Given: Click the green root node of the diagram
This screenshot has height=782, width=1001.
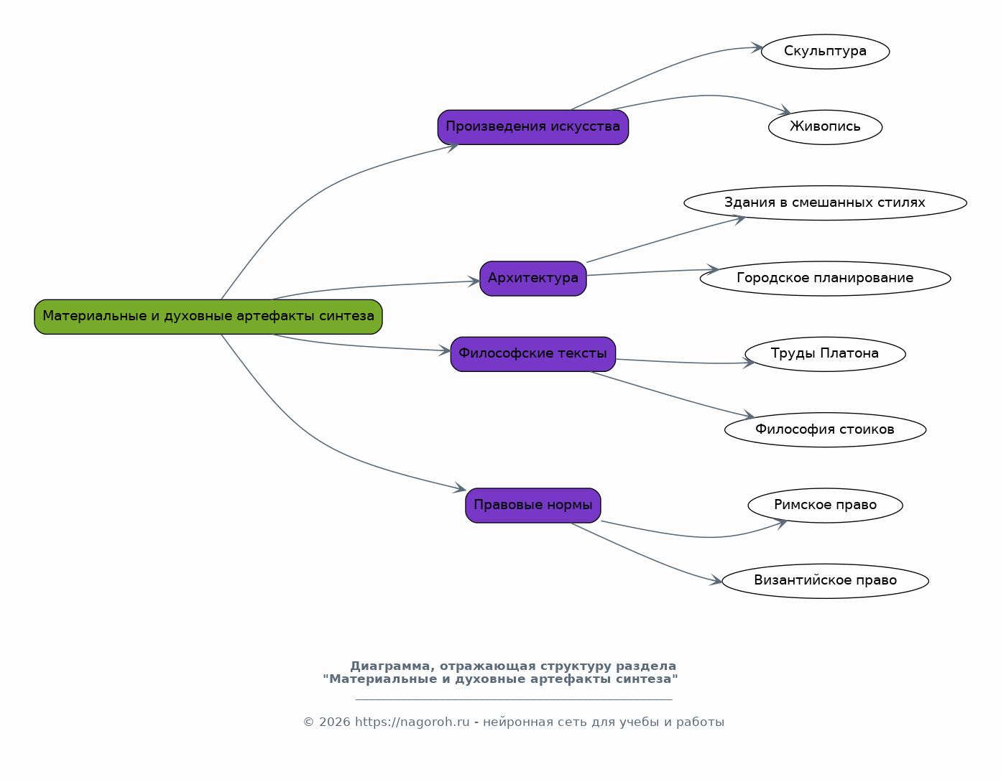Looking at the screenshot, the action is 208,317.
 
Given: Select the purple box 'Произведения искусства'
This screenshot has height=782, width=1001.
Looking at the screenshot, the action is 533,127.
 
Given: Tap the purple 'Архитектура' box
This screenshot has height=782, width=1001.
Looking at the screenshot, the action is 533,279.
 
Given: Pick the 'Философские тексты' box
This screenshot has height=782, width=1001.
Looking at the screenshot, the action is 533,354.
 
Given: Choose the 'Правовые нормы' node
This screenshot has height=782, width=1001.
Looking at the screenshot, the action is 533,506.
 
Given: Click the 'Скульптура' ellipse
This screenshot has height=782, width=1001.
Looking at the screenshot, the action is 825,52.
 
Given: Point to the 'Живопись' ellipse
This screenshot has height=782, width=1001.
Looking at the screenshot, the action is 825,127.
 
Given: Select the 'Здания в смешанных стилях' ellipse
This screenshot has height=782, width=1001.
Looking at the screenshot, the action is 825,203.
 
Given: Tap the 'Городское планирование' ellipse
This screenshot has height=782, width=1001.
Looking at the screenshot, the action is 825,279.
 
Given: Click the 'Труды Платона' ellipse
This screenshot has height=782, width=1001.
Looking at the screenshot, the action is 825,354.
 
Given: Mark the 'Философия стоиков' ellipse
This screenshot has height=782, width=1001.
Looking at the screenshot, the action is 825,429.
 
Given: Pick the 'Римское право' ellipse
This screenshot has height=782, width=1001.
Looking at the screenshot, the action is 825,506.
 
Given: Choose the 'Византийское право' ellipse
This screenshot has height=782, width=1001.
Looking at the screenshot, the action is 825,581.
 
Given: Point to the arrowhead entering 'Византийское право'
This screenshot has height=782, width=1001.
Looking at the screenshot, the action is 716,580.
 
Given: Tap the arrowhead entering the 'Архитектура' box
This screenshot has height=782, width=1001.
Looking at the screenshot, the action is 474,281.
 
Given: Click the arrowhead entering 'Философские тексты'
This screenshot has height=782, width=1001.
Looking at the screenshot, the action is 445,350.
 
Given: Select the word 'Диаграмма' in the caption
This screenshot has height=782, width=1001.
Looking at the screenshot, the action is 389,666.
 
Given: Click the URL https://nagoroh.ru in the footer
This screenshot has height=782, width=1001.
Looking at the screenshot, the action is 412,722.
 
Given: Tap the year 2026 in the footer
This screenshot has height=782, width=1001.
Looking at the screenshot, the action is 334,722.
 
